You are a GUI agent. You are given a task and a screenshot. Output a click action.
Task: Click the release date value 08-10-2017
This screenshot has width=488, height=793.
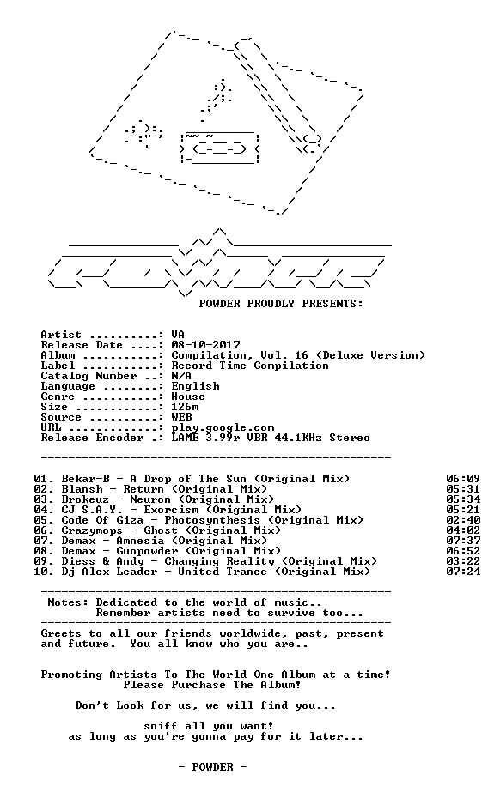205,345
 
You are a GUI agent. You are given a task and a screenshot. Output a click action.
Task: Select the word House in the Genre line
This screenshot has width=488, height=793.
188,397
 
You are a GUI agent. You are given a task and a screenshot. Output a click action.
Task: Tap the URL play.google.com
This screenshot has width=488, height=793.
223,428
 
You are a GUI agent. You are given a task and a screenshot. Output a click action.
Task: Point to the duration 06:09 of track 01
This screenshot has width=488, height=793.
463,479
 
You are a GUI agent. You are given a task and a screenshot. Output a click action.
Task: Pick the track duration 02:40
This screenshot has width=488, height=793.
463,520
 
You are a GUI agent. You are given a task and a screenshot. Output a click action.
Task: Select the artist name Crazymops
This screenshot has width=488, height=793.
92,530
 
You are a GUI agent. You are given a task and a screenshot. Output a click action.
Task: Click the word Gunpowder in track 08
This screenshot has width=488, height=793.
147,551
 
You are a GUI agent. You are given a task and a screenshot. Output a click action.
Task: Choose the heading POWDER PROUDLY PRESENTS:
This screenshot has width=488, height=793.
281,304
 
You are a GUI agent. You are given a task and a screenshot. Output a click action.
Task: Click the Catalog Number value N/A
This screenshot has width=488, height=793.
181,376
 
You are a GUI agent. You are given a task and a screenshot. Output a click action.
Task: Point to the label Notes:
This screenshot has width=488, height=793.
68,602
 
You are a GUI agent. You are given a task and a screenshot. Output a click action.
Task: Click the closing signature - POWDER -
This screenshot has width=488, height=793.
212,767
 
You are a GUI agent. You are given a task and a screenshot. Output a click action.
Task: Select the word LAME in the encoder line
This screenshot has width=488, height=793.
185,438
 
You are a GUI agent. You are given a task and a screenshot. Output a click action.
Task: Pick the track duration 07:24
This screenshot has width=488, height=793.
463,572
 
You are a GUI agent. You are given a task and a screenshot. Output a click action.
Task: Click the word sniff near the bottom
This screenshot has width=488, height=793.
161,726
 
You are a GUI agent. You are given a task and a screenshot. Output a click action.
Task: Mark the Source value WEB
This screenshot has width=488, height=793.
181,417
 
